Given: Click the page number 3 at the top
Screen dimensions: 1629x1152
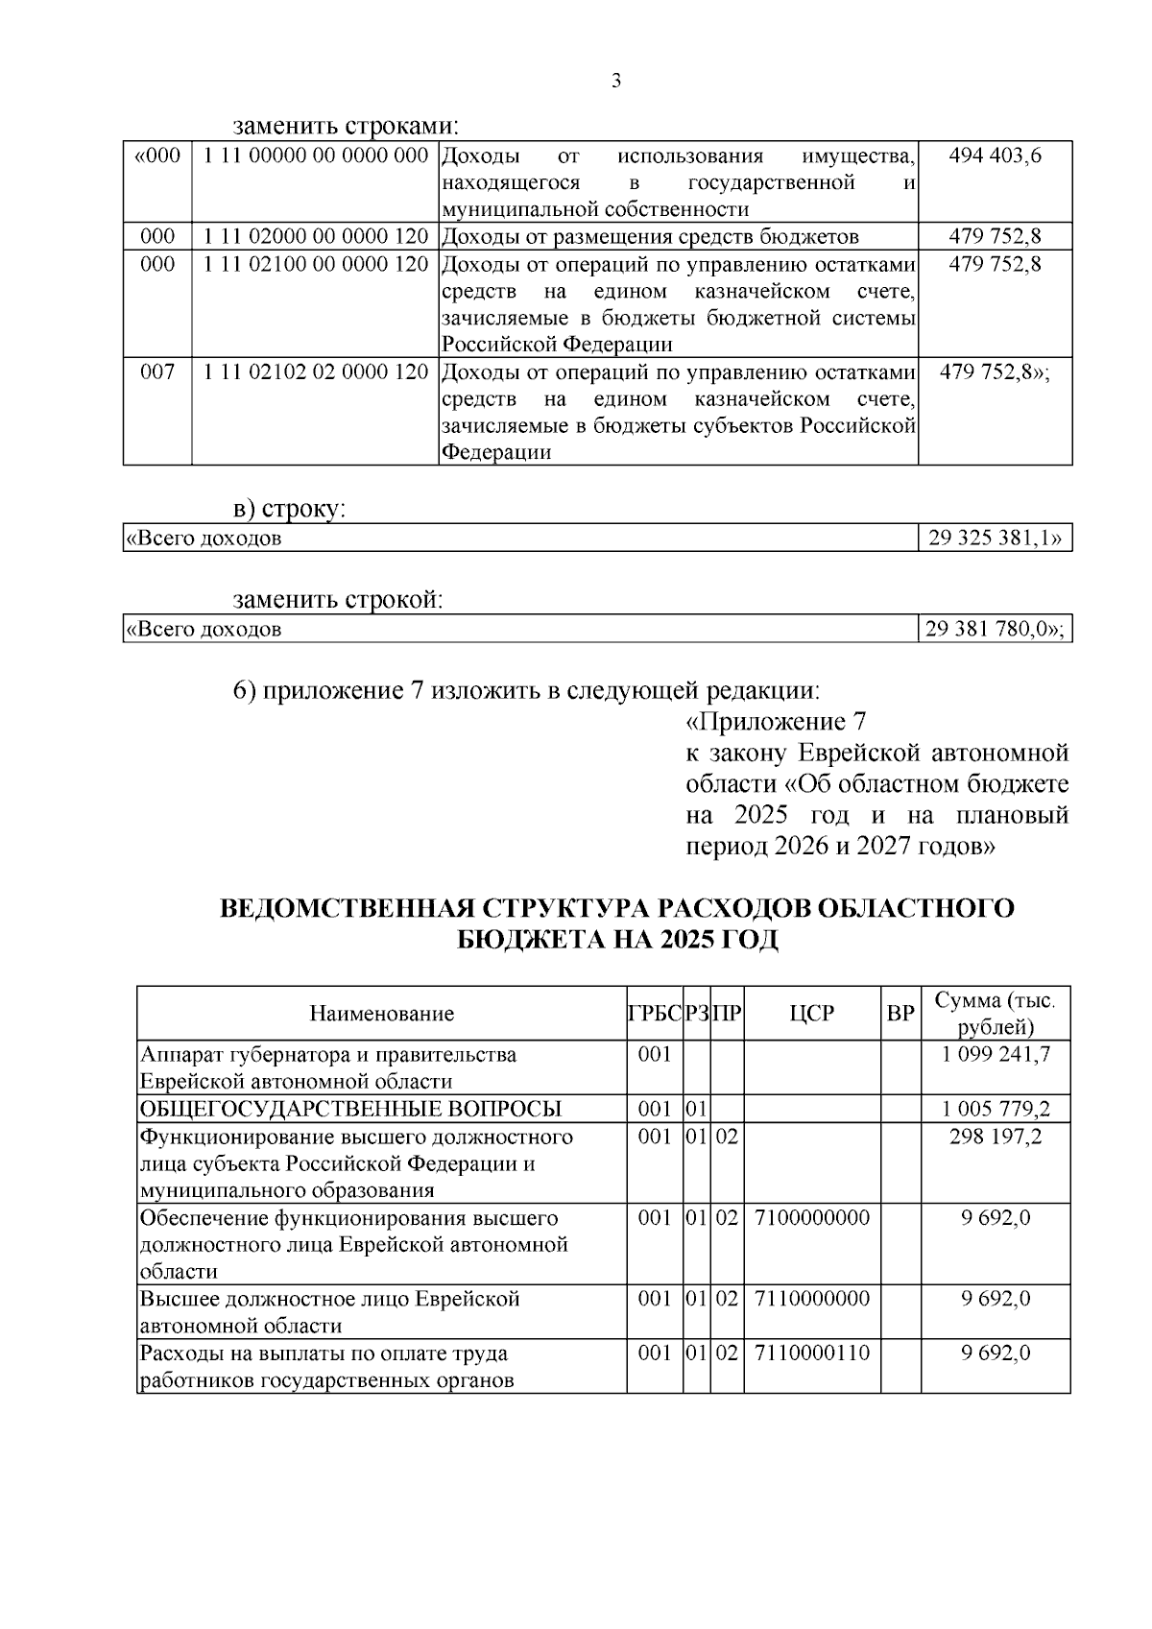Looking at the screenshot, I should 616,81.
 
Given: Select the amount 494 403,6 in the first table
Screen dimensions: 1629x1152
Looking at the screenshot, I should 995,156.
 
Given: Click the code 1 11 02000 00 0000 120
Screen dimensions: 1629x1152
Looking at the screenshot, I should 315,236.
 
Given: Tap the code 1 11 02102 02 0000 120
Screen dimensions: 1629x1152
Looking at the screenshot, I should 315,371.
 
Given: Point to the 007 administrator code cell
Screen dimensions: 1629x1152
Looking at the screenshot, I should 157,371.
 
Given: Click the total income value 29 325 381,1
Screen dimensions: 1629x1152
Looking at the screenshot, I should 995,538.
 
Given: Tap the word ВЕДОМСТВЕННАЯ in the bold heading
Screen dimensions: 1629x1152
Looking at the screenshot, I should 345,908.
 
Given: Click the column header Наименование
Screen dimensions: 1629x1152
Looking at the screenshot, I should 381,1014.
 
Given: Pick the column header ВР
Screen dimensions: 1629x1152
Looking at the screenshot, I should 900,1014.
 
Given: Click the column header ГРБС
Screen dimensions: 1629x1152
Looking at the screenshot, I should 655,1014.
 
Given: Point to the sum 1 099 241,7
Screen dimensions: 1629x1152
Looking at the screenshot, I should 996,1054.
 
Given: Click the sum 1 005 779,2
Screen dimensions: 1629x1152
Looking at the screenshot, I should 996,1109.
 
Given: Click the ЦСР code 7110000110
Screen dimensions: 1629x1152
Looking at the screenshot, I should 812,1353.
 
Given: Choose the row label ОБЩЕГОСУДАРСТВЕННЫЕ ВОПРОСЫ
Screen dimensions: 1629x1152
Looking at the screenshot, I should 350,1109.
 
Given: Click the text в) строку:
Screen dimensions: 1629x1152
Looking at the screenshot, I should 289,509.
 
